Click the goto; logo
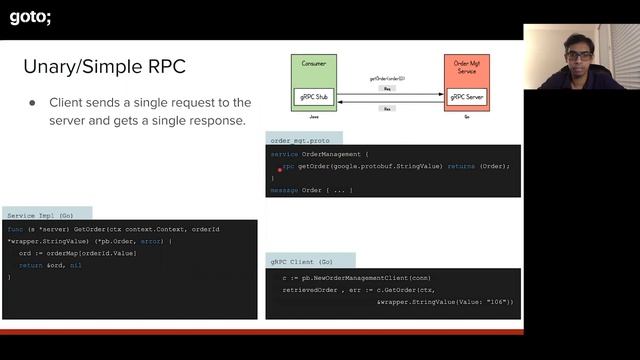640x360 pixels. [x=30, y=17]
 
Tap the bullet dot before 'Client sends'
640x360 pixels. [x=32, y=103]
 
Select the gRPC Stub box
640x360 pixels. [x=313, y=96]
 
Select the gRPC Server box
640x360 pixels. [x=466, y=96]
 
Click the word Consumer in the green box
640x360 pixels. [x=313, y=63]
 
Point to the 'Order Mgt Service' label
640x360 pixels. [x=466, y=68]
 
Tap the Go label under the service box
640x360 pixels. [x=466, y=116]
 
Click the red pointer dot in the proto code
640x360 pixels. [x=280, y=170]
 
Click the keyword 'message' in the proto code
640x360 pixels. [x=285, y=189]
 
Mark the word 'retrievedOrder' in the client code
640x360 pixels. [x=313, y=290]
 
